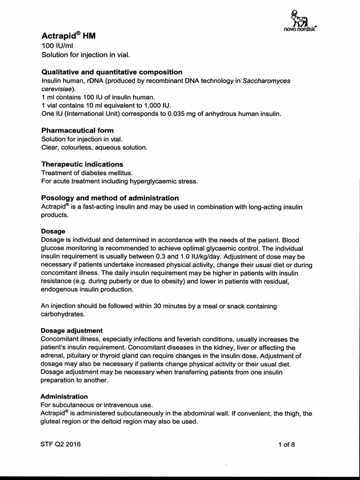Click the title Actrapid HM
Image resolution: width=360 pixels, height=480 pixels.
pyautogui.click(x=68, y=36)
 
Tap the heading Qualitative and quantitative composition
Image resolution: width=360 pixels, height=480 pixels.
pyautogui.click(x=112, y=72)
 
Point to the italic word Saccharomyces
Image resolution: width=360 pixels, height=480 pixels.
pyautogui.click(x=266, y=81)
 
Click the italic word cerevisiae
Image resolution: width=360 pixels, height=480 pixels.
pyautogui.click(x=57, y=89)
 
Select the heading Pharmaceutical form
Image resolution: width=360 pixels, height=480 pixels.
pyautogui.click(x=77, y=130)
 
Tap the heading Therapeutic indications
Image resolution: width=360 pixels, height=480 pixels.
pyautogui.click(x=82, y=164)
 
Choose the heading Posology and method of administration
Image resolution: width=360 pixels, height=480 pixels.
pyautogui.click(x=110, y=198)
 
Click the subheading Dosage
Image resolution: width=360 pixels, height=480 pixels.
pyautogui.click(x=53, y=232)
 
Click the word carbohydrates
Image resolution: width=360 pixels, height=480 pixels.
pyautogui.click(x=63, y=315)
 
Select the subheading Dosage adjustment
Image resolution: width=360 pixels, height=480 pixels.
pyautogui.click(x=72, y=330)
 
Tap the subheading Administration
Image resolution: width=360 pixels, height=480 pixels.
pyautogui.click(x=64, y=397)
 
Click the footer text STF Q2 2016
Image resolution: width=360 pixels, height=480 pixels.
pyautogui.click(x=61, y=444)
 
